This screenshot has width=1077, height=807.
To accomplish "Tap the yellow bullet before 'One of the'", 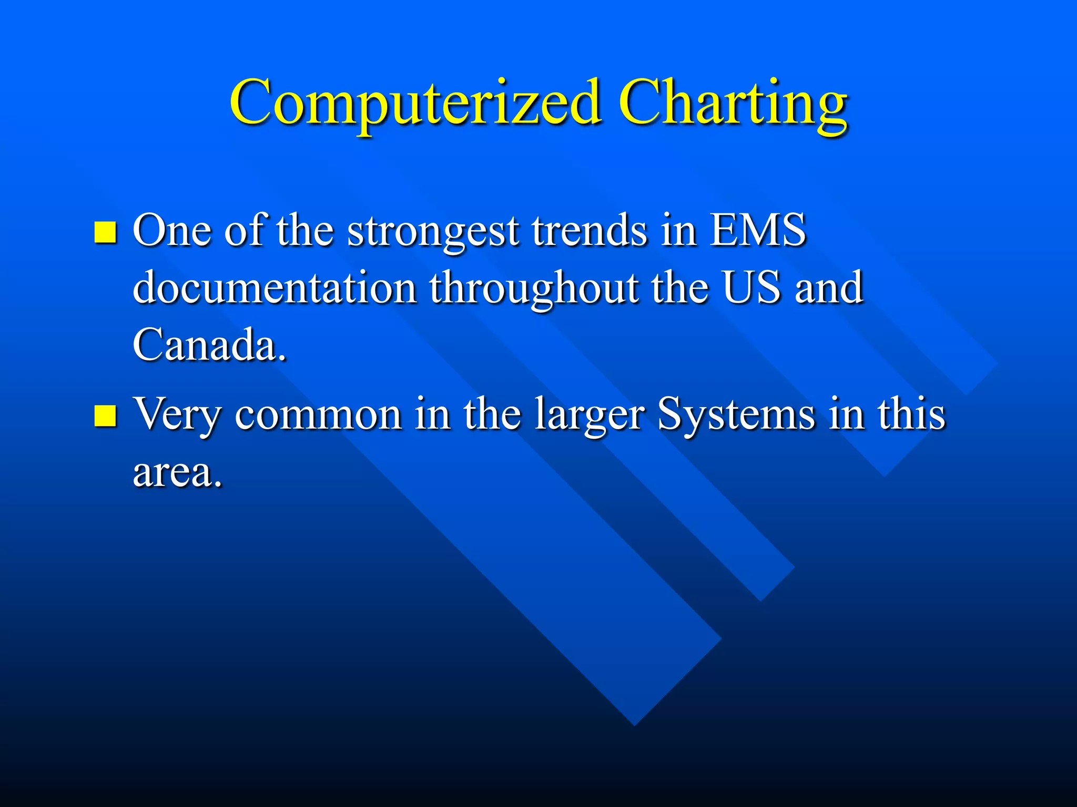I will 105,232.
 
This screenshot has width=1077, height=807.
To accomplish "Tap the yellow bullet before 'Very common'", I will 105,416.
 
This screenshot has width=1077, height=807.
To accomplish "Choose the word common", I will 318,415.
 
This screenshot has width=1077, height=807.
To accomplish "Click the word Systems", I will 736,415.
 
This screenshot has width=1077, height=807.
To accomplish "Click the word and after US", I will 829,287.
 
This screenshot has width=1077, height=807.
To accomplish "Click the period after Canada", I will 283,359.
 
